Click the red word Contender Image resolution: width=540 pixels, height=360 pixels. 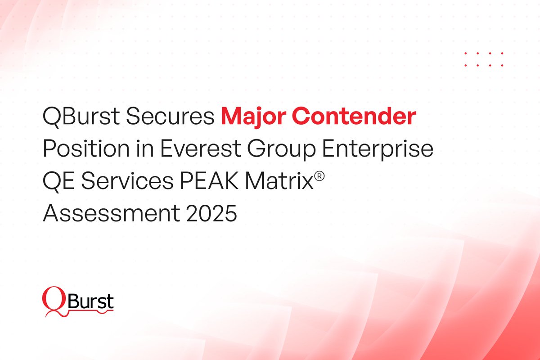(356, 118)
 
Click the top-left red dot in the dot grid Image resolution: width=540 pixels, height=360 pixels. (466, 54)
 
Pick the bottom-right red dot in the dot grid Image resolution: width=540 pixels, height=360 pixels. (502, 65)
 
